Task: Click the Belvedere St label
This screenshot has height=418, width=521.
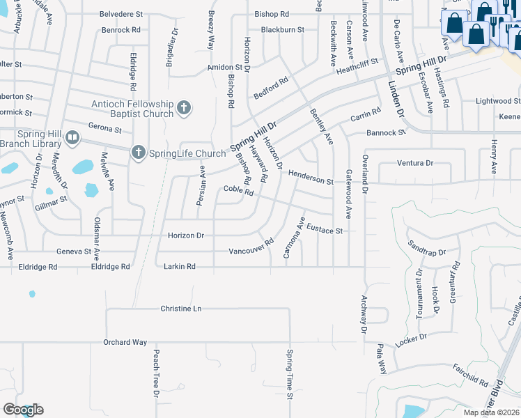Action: tap(120, 13)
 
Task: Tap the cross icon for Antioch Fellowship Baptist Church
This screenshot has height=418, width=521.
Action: tap(183, 107)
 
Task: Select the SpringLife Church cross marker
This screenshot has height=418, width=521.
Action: tap(138, 152)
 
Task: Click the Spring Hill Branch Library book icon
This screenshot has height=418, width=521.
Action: tap(72, 138)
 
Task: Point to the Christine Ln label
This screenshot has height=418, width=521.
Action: tap(180, 308)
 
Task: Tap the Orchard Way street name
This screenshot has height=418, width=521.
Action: tap(125, 342)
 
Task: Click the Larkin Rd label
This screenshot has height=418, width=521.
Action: tap(179, 266)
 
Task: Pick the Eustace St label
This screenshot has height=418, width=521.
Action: tap(325, 229)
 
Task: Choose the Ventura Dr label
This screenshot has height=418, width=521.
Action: tap(415, 163)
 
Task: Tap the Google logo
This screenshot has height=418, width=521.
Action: tap(23, 410)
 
